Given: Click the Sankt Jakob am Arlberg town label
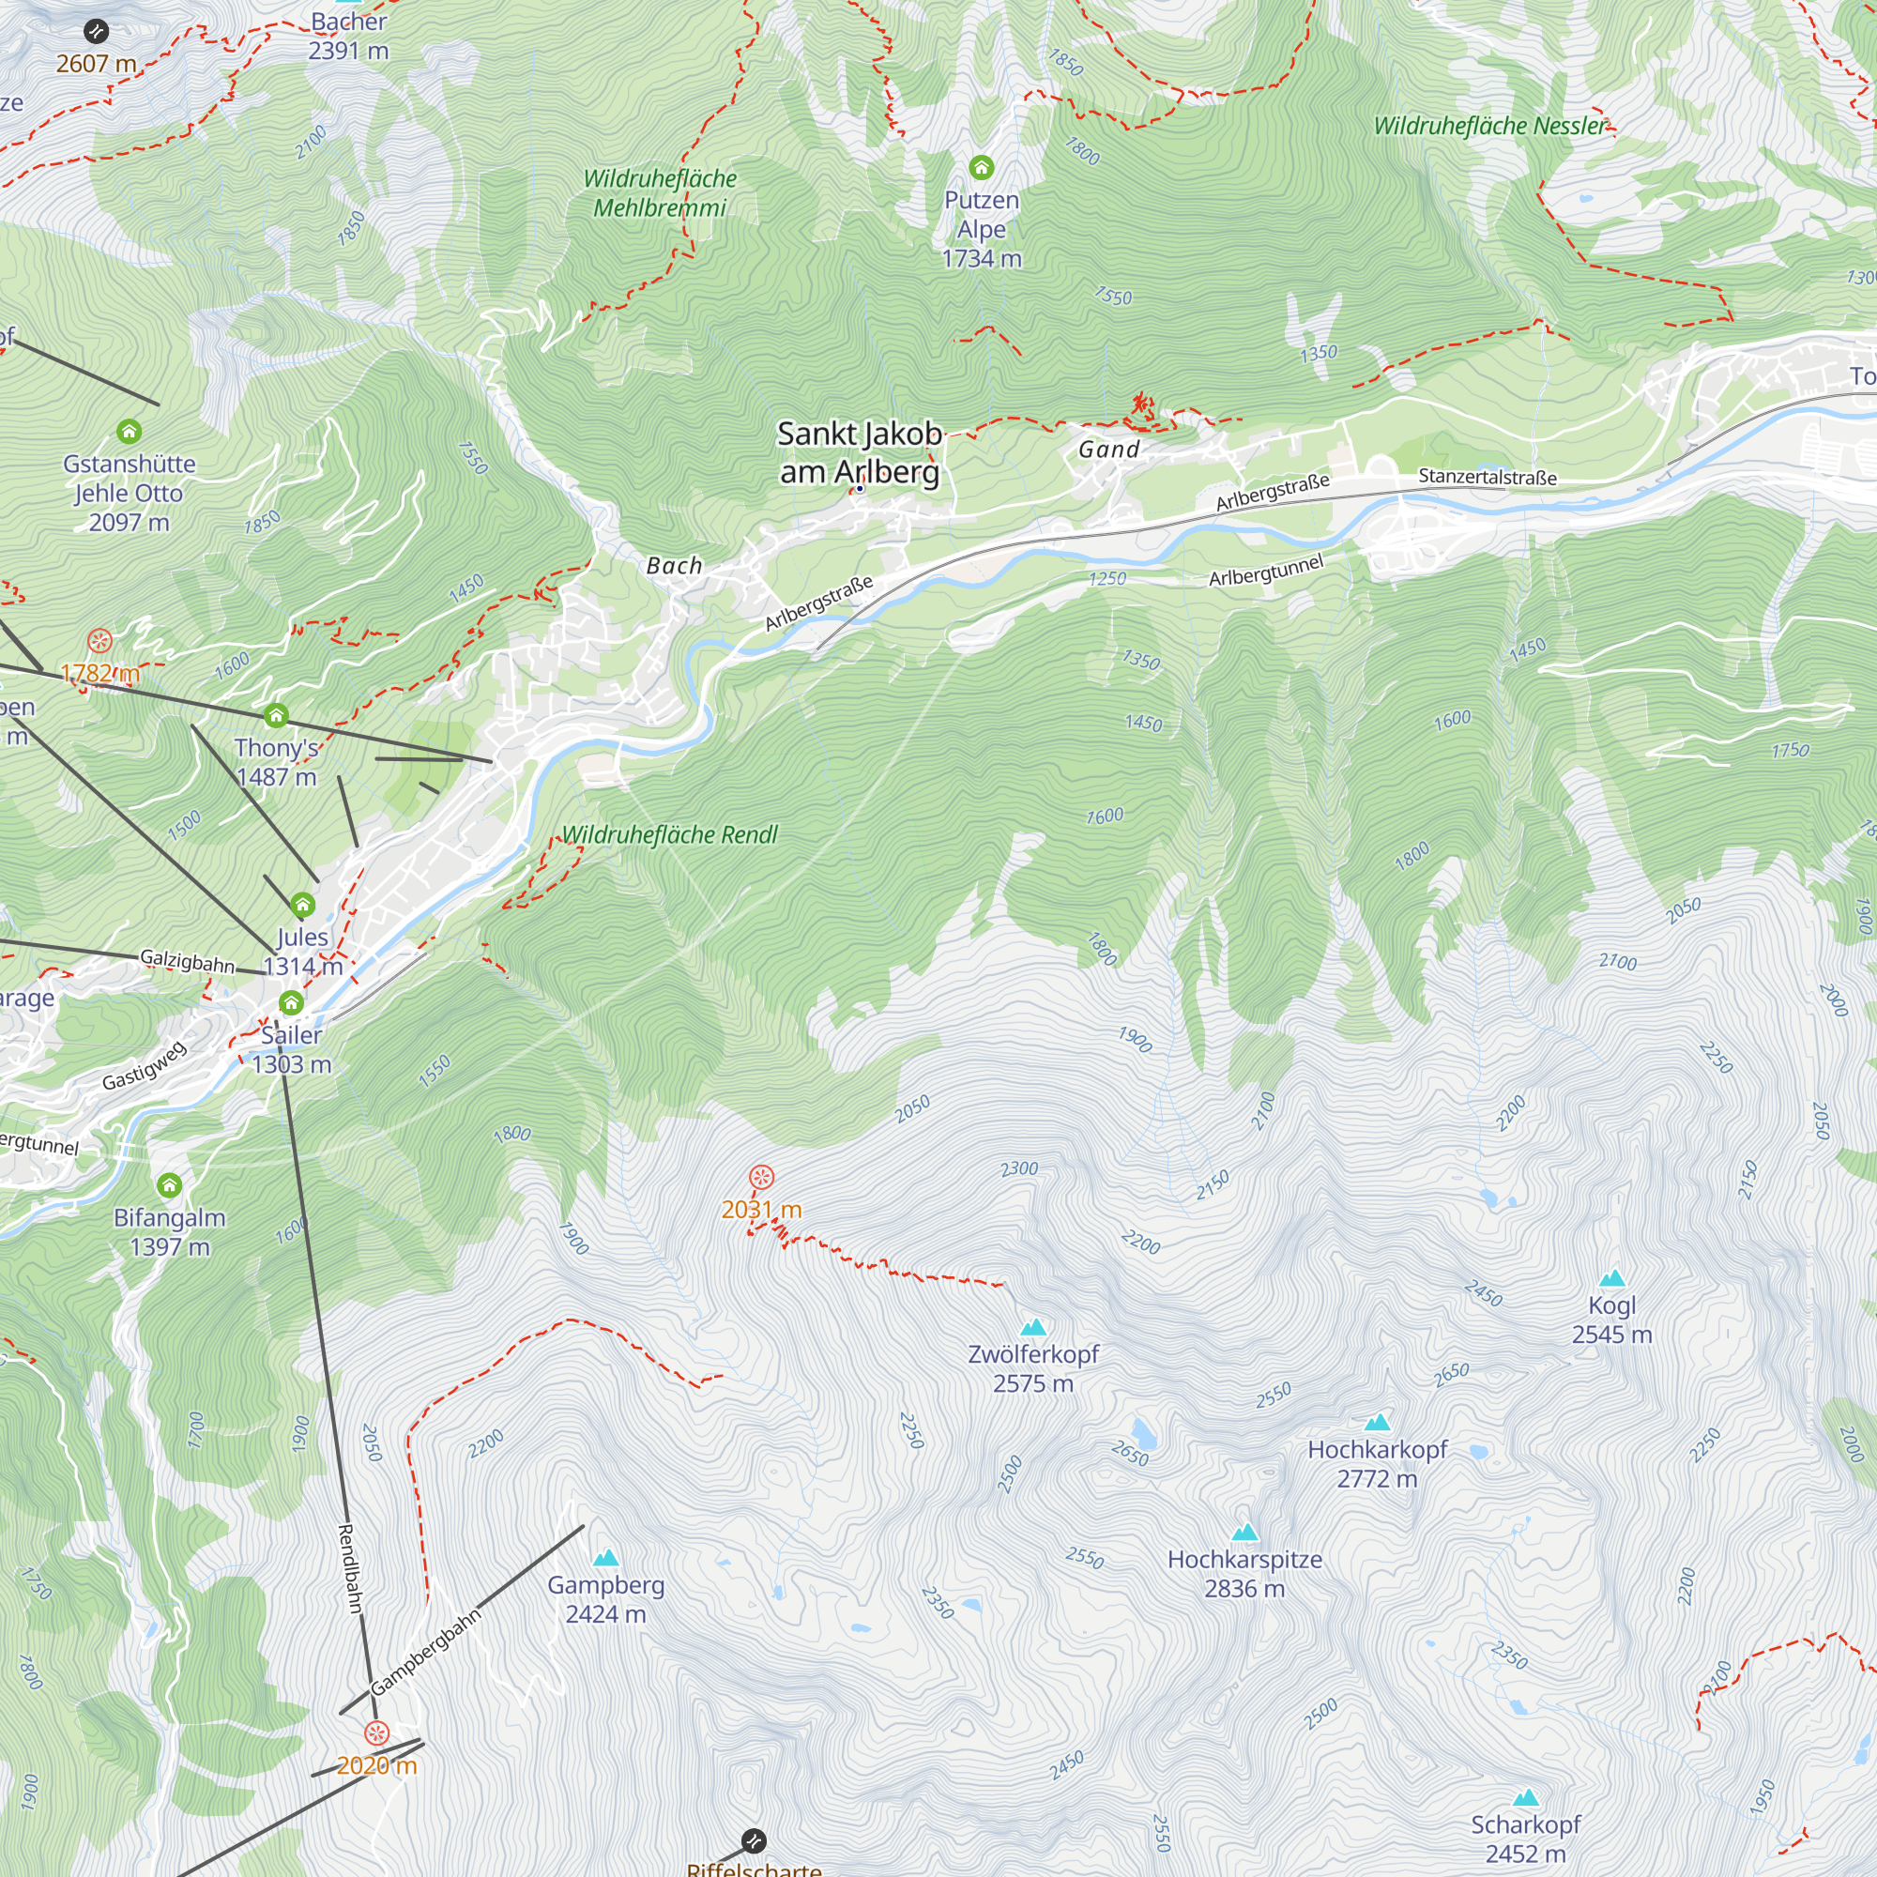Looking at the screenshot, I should tap(860, 452).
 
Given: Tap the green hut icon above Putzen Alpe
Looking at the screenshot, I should tap(982, 168).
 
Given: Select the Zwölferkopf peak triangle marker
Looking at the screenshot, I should tap(1033, 1327).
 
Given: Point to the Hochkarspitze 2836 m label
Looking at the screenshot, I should tap(1244, 1574).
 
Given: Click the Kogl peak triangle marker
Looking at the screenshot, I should tap(1611, 1278).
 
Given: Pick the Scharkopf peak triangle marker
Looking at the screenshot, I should tap(1525, 1798).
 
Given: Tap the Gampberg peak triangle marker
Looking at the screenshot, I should tap(606, 1558).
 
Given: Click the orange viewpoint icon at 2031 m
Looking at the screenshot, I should tap(762, 1179).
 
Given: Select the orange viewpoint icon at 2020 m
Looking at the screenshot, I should tap(377, 1733).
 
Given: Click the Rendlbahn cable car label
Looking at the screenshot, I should tap(350, 1568).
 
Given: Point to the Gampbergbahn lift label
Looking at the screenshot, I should tap(425, 1652).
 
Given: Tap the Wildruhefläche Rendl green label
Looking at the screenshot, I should tap(670, 834).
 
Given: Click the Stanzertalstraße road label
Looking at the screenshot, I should tap(1488, 477).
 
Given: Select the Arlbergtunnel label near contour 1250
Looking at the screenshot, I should tap(1266, 572).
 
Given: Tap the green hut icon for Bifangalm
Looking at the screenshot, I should tap(170, 1185).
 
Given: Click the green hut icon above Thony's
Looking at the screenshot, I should tap(277, 716).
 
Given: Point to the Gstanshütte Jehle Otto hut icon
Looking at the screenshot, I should tap(130, 432).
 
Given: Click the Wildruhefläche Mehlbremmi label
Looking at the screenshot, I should tap(660, 192).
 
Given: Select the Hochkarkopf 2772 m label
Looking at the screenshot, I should tap(1377, 1464).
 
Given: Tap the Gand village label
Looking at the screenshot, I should tap(1108, 450).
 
